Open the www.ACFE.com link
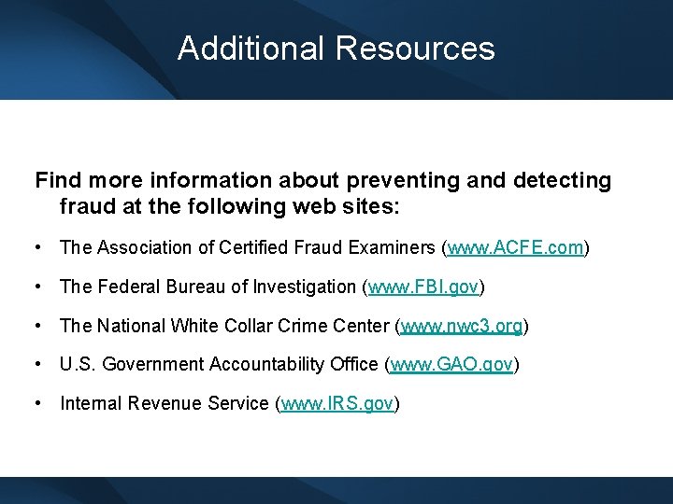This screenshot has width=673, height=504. [516, 248]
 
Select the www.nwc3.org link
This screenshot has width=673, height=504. [462, 327]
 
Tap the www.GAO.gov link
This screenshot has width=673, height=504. [451, 365]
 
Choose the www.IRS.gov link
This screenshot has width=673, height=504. [338, 404]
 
